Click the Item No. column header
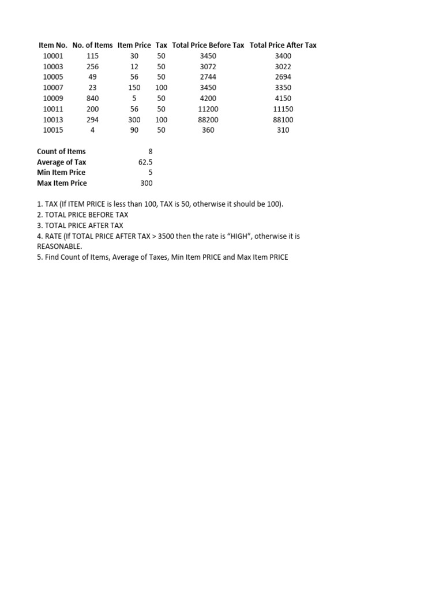(x=53, y=45)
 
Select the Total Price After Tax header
(x=283, y=45)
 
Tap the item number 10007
(x=53, y=88)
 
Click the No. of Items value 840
(x=92, y=98)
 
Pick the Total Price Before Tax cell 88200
(x=208, y=119)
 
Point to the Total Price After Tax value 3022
(x=283, y=66)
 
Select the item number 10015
(x=53, y=130)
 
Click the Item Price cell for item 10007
(x=134, y=88)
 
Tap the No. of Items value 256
(x=92, y=66)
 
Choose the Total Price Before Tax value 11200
(x=208, y=109)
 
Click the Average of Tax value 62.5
(x=145, y=162)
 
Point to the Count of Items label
(x=61, y=151)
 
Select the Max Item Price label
(x=62, y=183)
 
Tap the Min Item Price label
(x=61, y=173)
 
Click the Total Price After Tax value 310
(x=283, y=130)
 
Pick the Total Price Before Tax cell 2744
(x=208, y=77)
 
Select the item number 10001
(x=53, y=56)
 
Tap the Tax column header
(x=162, y=45)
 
